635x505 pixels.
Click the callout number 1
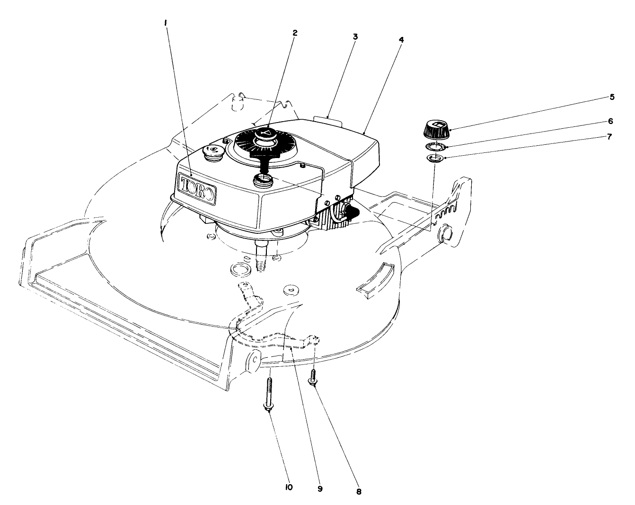pos(166,22)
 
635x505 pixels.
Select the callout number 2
pos(295,33)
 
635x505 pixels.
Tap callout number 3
pos(355,36)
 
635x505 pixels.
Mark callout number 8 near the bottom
pos(358,491)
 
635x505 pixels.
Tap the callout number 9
pos(320,488)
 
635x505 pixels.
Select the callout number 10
pos(289,487)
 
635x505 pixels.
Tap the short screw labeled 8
pos(313,377)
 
